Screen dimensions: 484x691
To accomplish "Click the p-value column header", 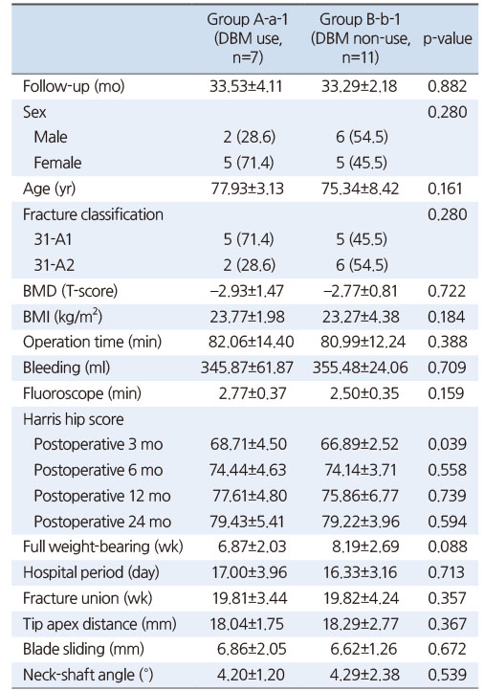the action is tap(447, 39).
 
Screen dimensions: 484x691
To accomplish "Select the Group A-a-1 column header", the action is tap(248, 39).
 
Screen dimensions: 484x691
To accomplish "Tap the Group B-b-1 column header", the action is tap(361, 39).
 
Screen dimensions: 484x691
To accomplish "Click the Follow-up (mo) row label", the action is tap(74, 86).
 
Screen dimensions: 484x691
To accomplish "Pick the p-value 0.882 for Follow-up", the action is tap(447, 86).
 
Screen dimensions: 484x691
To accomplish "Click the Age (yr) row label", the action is tap(49, 189).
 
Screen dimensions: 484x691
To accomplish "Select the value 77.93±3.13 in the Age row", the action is tap(247, 189).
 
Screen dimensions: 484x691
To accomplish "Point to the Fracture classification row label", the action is tap(93, 214).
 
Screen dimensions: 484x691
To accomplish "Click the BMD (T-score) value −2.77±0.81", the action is tap(360, 291).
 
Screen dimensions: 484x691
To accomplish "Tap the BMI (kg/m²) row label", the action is tap(62, 317).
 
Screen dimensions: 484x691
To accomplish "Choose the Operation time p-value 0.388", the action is tap(447, 342).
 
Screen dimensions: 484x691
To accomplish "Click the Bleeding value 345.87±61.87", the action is tap(247, 368).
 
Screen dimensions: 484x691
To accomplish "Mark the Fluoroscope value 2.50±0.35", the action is tap(364, 393).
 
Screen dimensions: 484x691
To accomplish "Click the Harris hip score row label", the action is tap(73, 418).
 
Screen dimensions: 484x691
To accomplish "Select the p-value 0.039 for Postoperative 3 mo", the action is tap(447, 444).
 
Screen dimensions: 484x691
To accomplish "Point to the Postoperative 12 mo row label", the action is tap(102, 496).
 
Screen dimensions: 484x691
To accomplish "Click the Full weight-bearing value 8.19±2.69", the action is tap(365, 546).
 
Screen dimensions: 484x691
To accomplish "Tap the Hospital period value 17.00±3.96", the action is tap(250, 572).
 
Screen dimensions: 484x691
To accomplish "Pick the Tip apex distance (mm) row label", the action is tap(99, 624).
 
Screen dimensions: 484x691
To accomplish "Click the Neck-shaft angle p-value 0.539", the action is tap(447, 675).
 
